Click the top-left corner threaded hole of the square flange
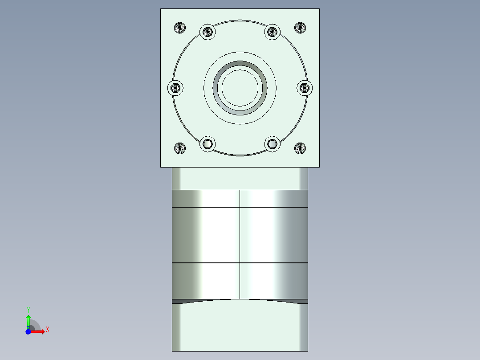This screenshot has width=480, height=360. [x=179, y=28]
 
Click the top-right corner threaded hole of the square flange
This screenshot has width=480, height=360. [x=301, y=28]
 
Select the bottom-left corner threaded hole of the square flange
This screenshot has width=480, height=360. [x=179, y=148]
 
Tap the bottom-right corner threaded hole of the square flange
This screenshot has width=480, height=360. [x=301, y=148]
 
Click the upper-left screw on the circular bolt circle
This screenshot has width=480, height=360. [x=207, y=32]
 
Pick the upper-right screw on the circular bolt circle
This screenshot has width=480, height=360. [x=272, y=32]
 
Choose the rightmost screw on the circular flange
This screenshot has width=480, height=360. [x=305, y=88]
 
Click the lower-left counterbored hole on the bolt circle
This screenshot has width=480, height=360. [x=207, y=144]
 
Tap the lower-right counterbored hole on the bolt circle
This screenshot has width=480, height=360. [x=272, y=144]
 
